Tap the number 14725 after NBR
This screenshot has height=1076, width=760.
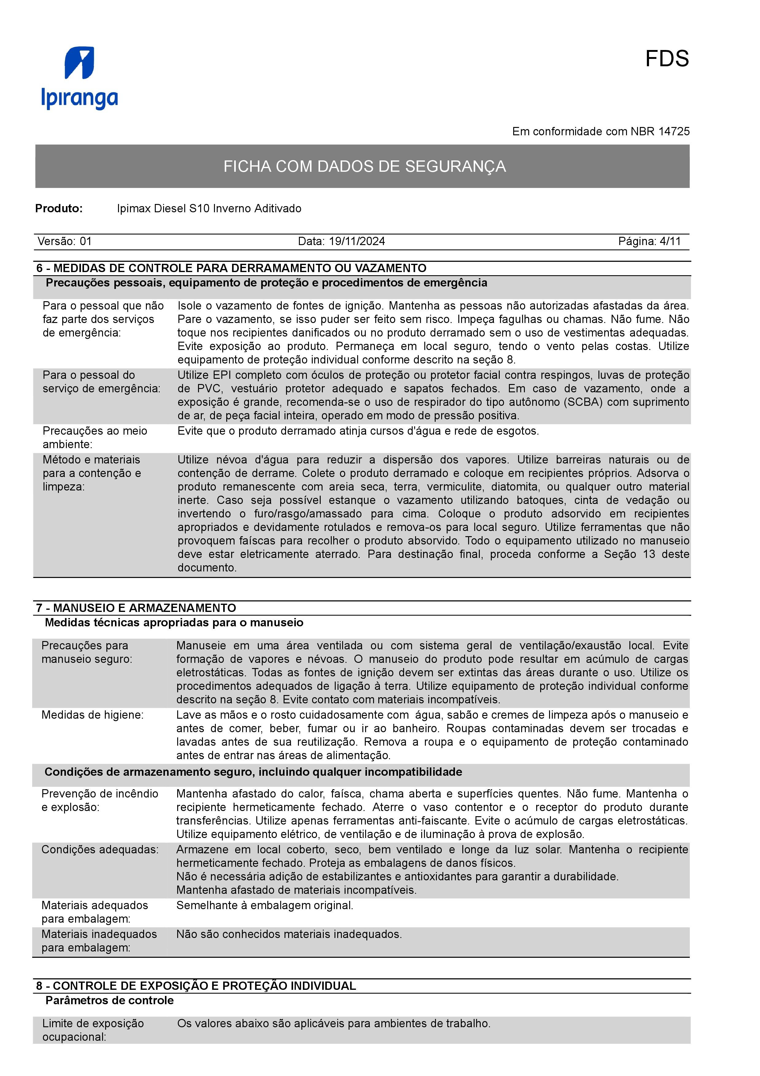point(674,132)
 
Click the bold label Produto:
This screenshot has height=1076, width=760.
point(59,209)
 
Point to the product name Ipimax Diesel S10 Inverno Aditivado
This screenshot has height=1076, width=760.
point(209,209)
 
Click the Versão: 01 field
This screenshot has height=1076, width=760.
point(65,241)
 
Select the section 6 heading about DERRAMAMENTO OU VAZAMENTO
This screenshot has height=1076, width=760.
point(231,268)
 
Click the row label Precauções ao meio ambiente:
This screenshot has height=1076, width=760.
point(95,437)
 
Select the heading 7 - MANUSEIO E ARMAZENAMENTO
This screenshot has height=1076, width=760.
point(136,608)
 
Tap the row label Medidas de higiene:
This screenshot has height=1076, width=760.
point(92,715)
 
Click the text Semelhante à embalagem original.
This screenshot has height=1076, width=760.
point(265,905)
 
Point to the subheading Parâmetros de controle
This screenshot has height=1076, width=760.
point(109,1001)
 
